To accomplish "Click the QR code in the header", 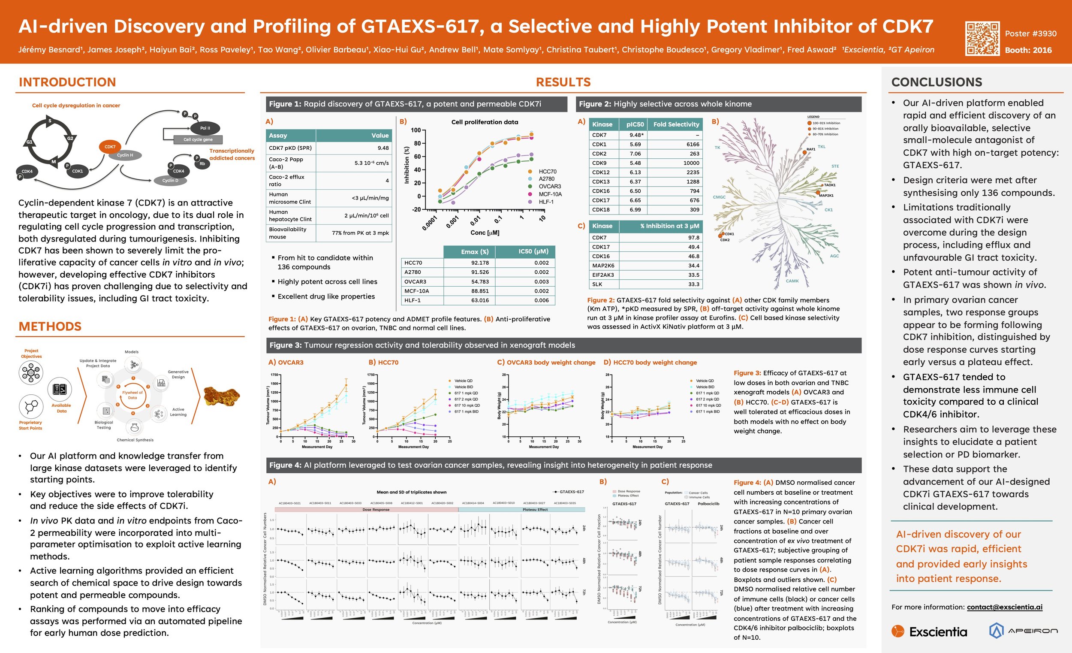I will [982, 39].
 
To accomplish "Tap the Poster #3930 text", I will [1030, 33].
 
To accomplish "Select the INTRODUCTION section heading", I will [67, 82].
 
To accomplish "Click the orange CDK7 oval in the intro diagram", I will [110, 147].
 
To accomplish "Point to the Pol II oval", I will [205, 128].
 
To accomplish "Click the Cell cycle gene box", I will [198, 140].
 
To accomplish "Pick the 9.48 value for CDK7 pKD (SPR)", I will [383, 148].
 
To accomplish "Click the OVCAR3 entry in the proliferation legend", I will [549, 186].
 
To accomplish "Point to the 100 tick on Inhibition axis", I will [416, 130].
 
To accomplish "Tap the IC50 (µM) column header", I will [533, 251].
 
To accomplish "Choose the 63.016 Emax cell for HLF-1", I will [480, 300].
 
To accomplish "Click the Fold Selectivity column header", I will [676, 124].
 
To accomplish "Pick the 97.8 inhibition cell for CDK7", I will [693, 238].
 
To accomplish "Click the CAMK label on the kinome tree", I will [792, 281].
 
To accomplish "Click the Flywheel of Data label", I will [132, 395].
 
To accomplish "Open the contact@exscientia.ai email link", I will [1004, 607].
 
